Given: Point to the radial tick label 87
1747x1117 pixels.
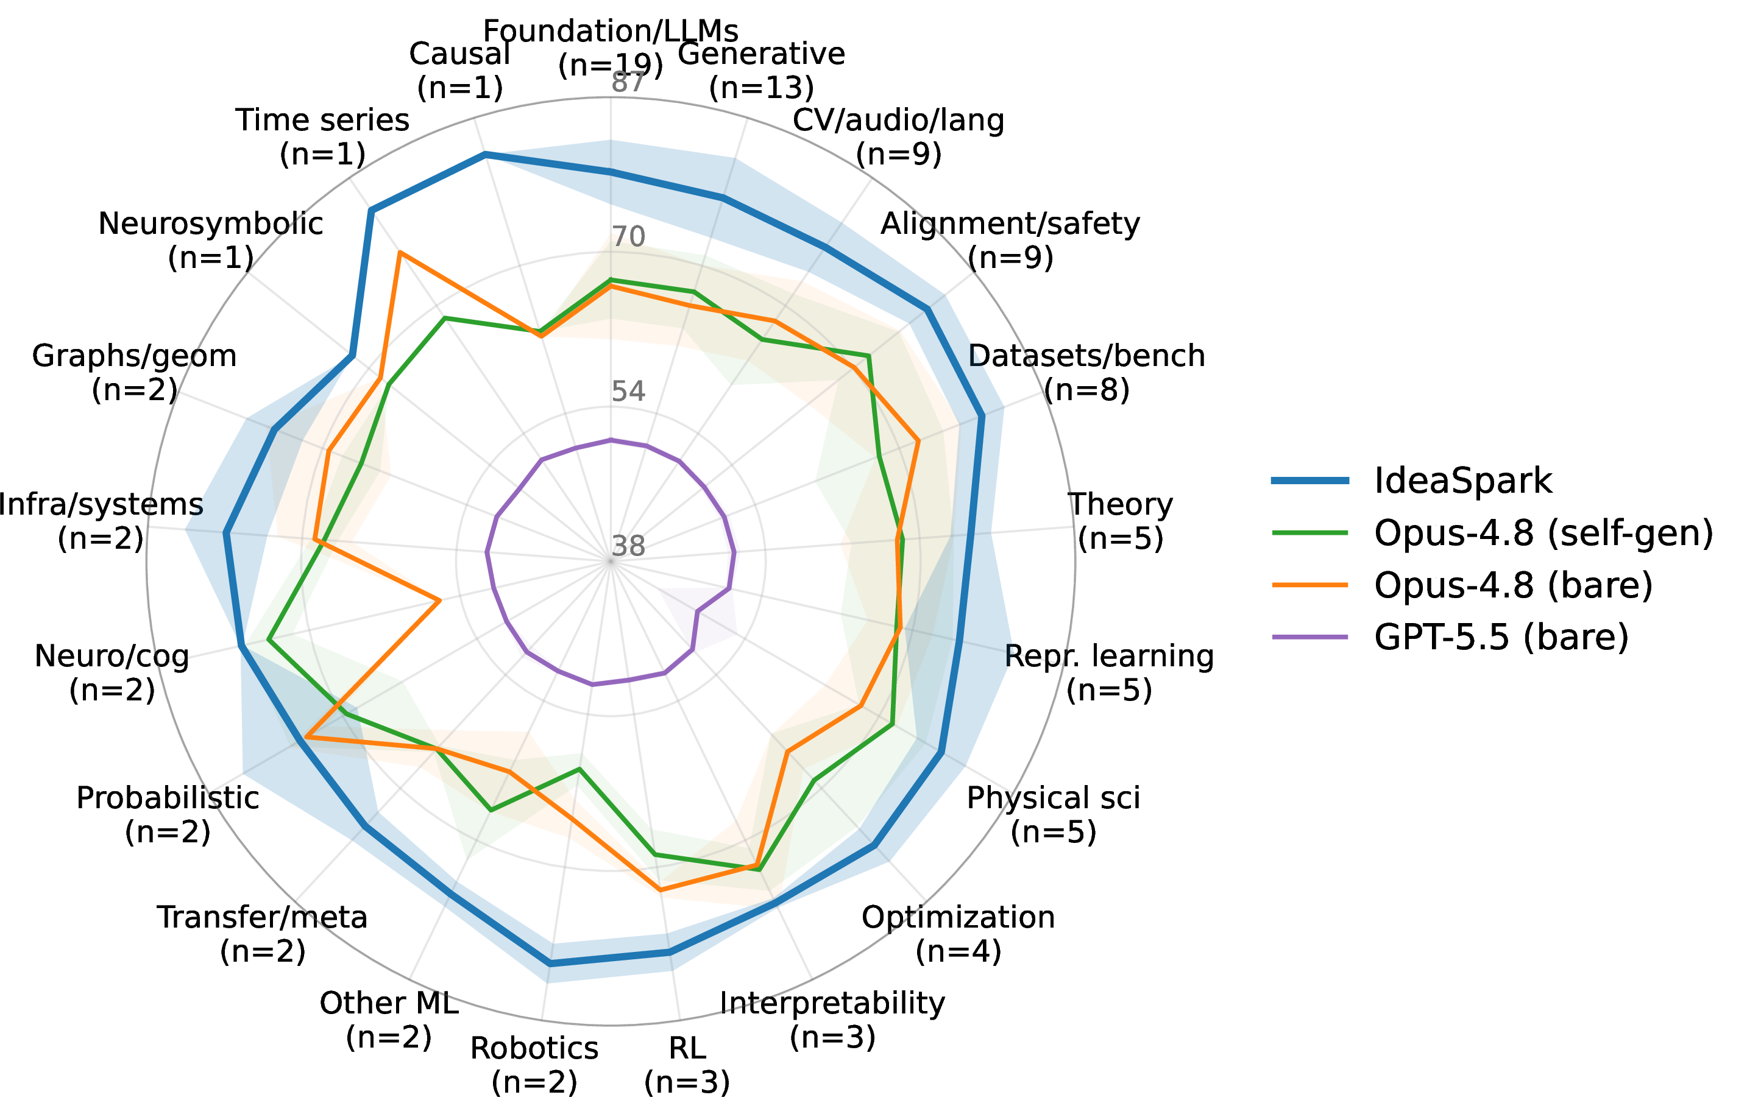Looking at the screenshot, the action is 628,83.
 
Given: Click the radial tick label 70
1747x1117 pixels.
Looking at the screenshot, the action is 628,236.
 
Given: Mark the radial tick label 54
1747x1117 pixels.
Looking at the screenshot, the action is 628,392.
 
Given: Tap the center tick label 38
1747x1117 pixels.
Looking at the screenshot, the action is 628,546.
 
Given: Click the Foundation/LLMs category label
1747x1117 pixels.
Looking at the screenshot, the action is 611,48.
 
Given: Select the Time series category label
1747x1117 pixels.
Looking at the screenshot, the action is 323,137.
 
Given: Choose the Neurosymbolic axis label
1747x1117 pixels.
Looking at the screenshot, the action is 210,240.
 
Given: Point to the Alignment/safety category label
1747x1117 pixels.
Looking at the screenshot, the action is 1011,240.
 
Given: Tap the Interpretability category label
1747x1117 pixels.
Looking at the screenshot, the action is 833,1020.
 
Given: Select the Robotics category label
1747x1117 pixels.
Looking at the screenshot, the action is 534,1065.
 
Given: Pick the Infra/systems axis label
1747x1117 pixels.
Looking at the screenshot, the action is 101,521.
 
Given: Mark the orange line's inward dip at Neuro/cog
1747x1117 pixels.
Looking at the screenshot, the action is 440,601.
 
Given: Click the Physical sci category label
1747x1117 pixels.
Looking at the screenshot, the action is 1054,814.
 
